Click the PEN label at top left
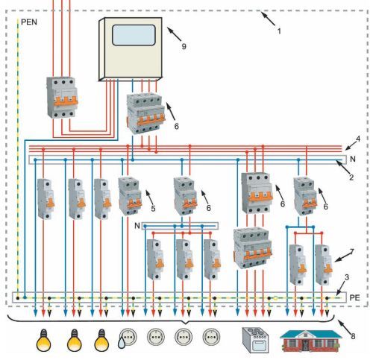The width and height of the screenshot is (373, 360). (x=29, y=22)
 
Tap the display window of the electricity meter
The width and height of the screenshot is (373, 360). (x=134, y=35)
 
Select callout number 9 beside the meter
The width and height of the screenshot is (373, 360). (x=184, y=46)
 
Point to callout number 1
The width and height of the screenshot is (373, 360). (x=279, y=31)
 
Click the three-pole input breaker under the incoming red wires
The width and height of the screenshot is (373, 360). (x=62, y=98)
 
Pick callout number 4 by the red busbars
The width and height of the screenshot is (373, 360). (x=358, y=139)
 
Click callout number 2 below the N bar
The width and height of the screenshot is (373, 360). (x=351, y=177)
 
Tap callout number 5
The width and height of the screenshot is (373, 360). (x=153, y=208)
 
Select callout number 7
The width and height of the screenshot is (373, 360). (x=351, y=252)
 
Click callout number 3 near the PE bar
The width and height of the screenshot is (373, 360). (x=347, y=277)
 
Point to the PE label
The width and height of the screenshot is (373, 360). (x=354, y=297)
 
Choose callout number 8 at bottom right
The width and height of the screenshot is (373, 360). (x=353, y=336)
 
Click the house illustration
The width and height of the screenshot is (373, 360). (x=311, y=341)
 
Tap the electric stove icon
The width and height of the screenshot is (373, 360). (x=255, y=340)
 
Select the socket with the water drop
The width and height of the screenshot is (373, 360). (x=127, y=338)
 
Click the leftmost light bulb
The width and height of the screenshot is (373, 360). (x=43, y=340)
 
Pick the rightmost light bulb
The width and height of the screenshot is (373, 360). (x=101, y=340)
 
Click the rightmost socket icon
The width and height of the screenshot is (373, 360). (x=211, y=337)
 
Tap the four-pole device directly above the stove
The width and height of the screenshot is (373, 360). (x=252, y=248)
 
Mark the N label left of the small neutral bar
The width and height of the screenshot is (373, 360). (x=137, y=226)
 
